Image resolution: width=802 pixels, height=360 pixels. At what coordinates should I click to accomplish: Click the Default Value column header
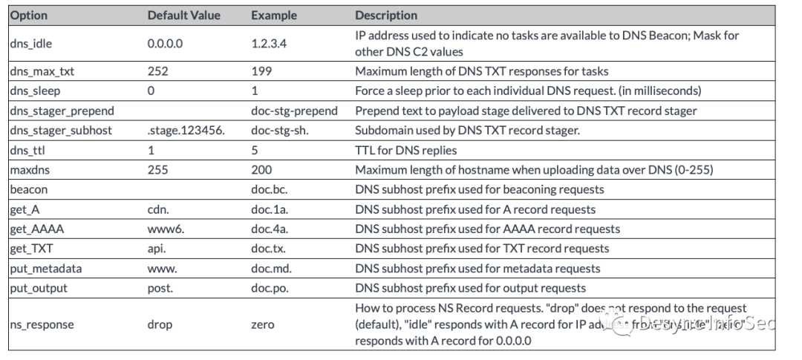click(x=184, y=15)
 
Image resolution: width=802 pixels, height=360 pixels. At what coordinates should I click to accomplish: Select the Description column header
click(x=386, y=15)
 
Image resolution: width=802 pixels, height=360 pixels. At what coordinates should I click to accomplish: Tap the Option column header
click(x=29, y=15)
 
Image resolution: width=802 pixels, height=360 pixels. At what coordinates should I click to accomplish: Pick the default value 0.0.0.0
click(x=165, y=44)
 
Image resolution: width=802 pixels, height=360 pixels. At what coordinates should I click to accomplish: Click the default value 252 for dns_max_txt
click(x=157, y=71)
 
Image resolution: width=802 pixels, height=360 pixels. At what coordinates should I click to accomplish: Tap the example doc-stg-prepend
click(x=294, y=111)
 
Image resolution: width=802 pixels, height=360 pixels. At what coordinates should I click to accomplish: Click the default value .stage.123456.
click(x=185, y=131)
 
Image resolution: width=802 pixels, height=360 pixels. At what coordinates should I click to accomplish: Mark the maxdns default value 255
click(x=157, y=170)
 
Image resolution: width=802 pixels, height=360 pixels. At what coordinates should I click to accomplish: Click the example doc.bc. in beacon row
click(x=268, y=189)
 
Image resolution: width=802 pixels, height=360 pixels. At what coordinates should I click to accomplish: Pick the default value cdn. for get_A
click(x=158, y=209)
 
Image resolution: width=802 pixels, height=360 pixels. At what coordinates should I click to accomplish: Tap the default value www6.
click(x=166, y=229)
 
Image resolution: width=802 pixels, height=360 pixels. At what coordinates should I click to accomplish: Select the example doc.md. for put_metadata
click(x=271, y=268)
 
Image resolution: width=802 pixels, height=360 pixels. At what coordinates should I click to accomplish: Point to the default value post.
click(x=161, y=287)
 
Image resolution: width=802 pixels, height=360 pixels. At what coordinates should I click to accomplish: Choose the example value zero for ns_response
click(x=263, y=324)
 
